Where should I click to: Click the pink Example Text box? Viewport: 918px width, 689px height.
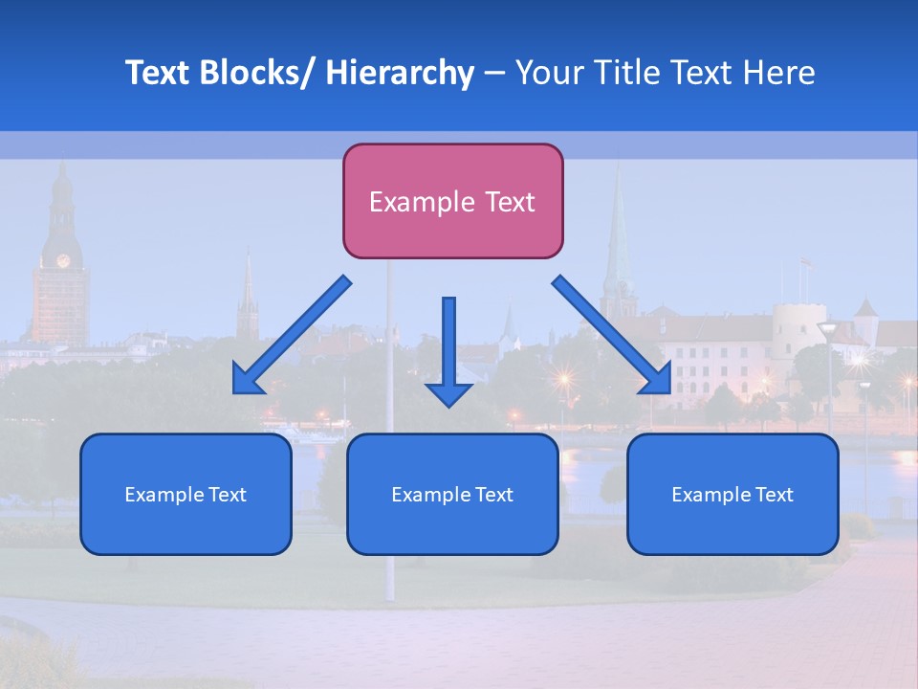[x=452, y=201]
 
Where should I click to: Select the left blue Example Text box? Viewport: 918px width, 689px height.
[x=186, y=494]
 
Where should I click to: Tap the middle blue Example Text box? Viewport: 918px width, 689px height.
[x=452, y=494]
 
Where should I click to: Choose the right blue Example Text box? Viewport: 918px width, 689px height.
[x=732, y=494]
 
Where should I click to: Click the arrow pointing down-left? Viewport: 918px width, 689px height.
[x=292, y=335]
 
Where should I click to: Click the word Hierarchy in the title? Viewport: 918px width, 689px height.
[x=400, y=73]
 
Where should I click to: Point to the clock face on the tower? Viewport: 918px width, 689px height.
[x=63, y=260]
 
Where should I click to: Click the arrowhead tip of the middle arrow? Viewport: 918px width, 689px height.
[x=448, y=405]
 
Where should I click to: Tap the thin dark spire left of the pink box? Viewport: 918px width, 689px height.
[x=248, y=292]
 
